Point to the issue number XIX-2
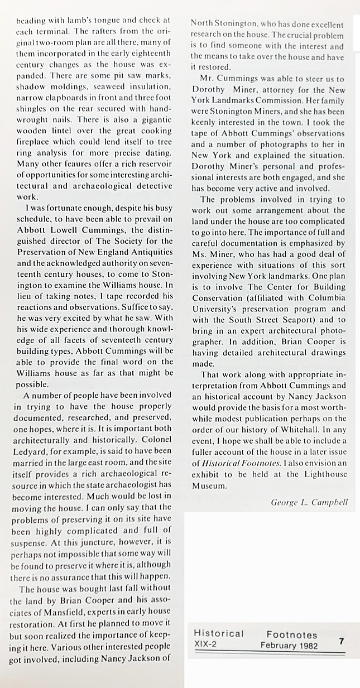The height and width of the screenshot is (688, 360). (x=205, y=645)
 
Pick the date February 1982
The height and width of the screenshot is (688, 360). (x=289, y=646)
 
